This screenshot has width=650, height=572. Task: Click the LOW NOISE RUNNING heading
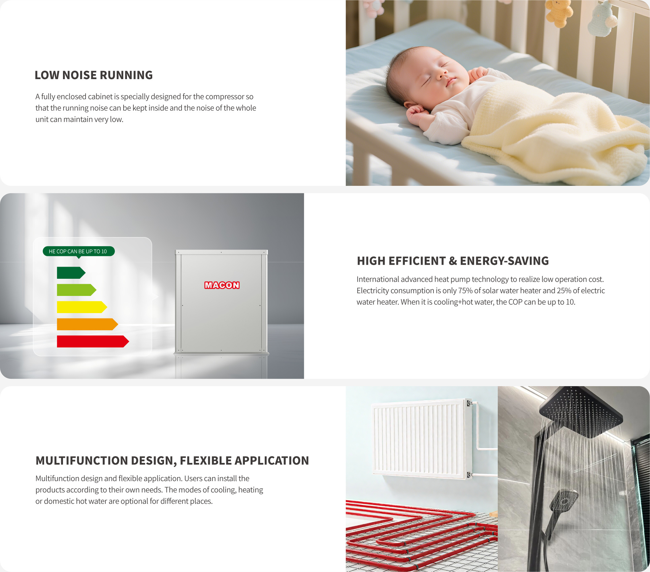(x=94, y=75)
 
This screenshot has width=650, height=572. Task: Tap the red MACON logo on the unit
(x=222, y=285)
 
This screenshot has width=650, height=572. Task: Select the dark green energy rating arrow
(x=71, y=273)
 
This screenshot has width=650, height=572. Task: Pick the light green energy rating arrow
(x=76, y=290)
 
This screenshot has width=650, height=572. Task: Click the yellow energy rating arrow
(x=82, y=307)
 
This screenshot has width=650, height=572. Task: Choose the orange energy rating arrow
(x=87, y=324)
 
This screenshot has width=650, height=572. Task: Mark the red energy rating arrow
(x=93, y=341)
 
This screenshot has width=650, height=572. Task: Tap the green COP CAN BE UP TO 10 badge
(x=78, y=251)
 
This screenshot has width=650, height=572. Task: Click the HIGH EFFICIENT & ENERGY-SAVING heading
(x=453, y=261)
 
